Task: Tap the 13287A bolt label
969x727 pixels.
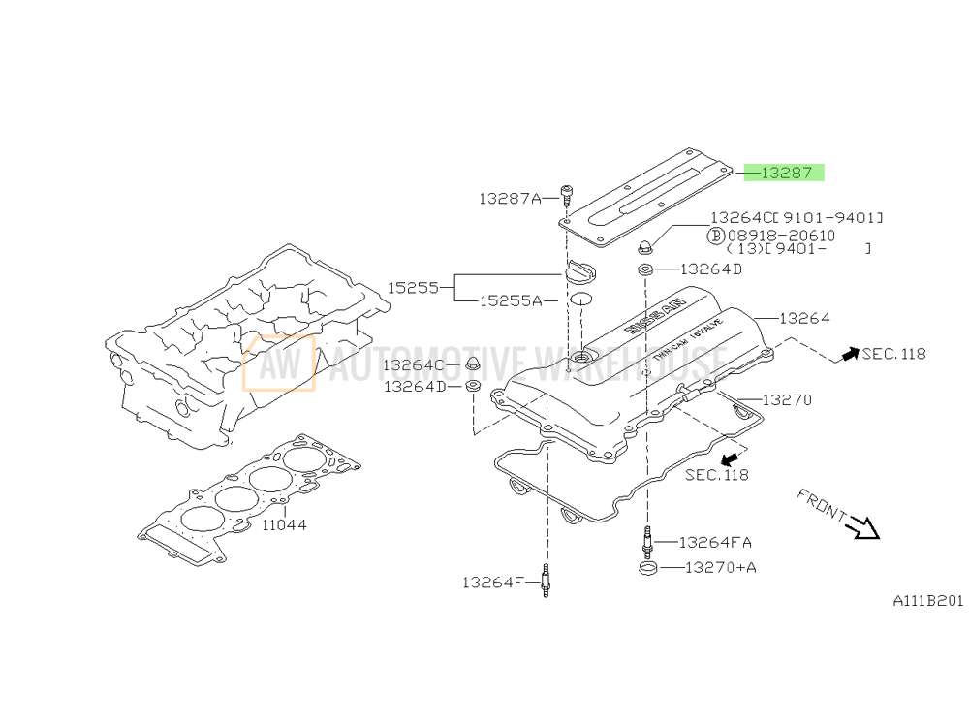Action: coord(510,199)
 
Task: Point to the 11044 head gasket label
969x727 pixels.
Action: coord(284,524)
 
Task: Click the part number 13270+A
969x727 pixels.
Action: coord(720,567)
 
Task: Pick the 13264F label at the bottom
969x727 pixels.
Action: coord(493,583)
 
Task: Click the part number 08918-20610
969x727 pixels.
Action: coord(785,236)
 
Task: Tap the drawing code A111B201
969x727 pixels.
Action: coord(927,601)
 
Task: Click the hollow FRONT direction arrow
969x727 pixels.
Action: coord(860,526)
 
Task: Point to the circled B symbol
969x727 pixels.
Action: coord(716,236)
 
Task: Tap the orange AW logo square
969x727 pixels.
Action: coord(279,363)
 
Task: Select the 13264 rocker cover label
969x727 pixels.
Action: coord(804,318)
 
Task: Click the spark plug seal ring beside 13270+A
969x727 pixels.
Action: coord(647,567)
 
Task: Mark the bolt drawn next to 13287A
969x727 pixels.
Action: coord(566,193)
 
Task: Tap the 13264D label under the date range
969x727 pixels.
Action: coord(711,269)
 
